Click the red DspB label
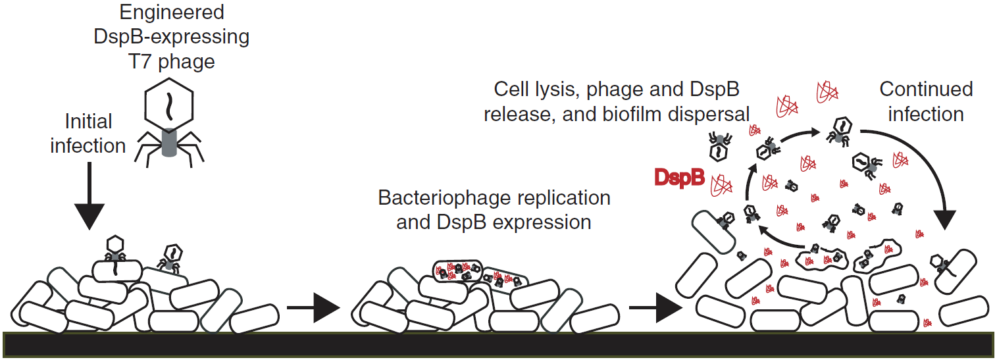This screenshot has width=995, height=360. click(x=680, y=178)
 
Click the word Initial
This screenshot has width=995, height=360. click(x=88, y=121)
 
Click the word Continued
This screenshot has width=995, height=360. click(x=926, y=89)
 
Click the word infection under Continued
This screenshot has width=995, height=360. click(x=926, y=114)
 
